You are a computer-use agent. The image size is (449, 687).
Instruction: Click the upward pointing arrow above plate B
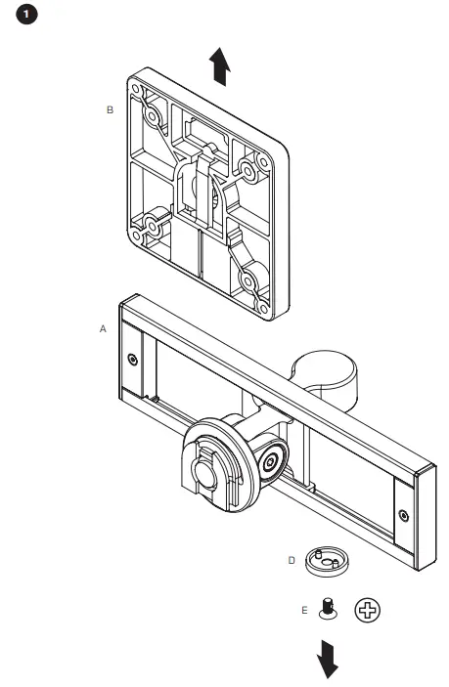222,69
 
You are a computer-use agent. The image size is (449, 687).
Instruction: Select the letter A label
103,330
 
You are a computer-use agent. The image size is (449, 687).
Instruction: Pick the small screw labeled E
329,608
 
